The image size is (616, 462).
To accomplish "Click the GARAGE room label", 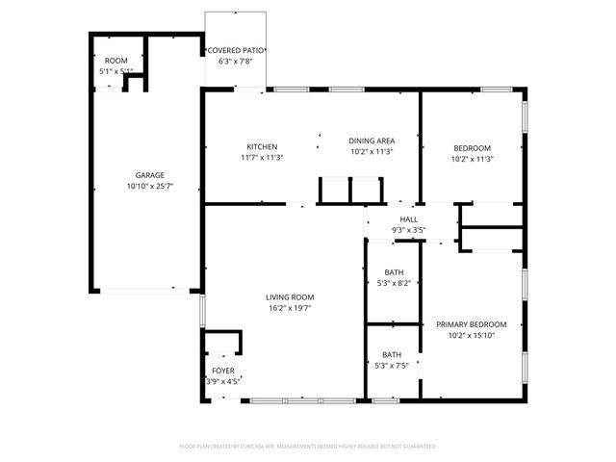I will (149, 174).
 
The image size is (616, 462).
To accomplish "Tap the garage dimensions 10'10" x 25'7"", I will (149, 186).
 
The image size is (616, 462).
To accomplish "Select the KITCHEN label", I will (262, 146).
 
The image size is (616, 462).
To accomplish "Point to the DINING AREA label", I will (371, 141).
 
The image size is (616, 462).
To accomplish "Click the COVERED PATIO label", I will (237, 50).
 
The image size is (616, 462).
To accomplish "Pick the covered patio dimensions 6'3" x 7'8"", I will (237, 62).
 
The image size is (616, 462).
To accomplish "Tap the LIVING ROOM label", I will (290, 297).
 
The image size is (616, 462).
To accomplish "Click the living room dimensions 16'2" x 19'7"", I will (290, 309).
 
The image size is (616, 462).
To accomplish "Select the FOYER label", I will (222, 371).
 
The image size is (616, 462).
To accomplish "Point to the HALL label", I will (409, 219).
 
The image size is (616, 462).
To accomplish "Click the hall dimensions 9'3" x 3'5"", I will (409, 230).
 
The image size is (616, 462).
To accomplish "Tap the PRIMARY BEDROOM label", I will (471, 324).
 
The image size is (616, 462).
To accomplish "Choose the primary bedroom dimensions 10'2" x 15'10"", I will (471, 336).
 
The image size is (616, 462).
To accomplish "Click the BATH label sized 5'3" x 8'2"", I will (393, 272).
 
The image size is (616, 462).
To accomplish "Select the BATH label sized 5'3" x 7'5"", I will (392, 354).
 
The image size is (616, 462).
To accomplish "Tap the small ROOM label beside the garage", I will (116, 61).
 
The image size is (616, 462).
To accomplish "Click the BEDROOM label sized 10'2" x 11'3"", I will (473, 147).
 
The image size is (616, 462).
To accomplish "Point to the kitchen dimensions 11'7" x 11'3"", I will (262, 158).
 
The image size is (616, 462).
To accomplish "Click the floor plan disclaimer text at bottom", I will (308, 446).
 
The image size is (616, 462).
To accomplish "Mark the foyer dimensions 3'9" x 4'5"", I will (222, 382).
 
